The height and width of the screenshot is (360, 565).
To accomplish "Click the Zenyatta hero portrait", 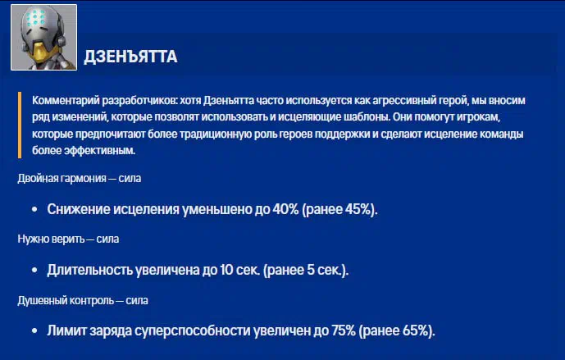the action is point(43,37).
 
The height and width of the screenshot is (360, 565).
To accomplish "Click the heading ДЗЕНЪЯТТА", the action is point(130,57).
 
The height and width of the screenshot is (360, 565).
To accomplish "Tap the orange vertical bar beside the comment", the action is point(20,125).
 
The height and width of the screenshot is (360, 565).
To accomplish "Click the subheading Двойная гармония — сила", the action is point(80,178).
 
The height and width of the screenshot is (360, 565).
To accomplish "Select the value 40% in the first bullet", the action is point(285,209).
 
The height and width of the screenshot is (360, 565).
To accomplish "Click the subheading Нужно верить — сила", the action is point(68,239).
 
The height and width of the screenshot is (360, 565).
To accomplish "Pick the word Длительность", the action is point(89,270).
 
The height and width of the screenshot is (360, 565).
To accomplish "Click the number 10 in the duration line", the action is point(226,270).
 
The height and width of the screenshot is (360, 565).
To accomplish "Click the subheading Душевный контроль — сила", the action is point(83,300).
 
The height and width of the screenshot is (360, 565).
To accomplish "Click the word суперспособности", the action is point(193,330).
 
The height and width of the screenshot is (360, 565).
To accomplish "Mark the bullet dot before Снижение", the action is point(34,209).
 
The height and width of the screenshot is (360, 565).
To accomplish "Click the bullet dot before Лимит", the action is point(34,330).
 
